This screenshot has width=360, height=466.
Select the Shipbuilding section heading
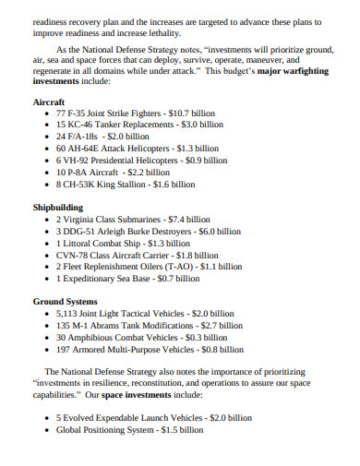58,208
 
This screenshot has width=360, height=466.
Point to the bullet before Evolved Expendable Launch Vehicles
47,417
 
